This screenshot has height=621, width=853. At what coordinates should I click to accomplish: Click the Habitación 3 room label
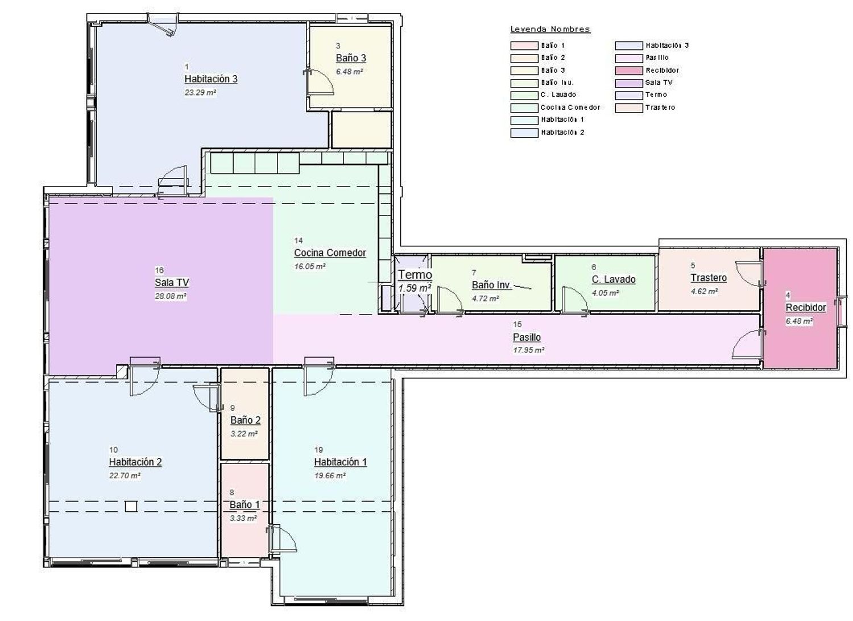[211, 79]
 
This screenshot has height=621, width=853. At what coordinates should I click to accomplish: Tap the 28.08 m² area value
[170, 296]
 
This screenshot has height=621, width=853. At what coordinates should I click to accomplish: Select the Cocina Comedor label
[330, 253]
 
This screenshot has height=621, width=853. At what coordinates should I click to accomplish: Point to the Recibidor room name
[806, 307]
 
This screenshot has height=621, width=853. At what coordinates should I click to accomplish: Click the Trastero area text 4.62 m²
[704, 291]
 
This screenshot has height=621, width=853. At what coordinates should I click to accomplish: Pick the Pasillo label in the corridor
[527, 337]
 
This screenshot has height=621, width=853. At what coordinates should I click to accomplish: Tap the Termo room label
[415, 275]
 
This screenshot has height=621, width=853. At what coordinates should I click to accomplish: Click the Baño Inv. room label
[492, 285]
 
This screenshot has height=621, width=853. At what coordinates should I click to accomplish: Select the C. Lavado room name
[614, 279]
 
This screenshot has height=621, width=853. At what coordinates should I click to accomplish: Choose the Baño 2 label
[245, 420]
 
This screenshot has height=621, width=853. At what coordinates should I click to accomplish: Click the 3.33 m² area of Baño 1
[243, 518]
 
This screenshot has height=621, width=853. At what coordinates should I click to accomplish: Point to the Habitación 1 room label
[341, 462]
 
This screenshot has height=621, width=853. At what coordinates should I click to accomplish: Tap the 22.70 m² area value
[125, 475]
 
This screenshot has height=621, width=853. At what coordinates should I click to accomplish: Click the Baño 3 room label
[351, 58]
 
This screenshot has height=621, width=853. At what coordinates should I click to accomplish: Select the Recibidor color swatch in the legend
[629, 71]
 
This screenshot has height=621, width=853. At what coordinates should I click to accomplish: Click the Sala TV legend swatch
[629, 83]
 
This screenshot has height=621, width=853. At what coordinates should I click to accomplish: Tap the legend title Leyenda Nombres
[550, 30]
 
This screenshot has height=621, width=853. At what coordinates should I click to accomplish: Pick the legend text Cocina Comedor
[570, 107]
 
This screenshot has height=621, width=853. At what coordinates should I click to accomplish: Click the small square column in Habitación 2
[131, 506]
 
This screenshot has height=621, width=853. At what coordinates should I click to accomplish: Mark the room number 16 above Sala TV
[159, 270]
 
